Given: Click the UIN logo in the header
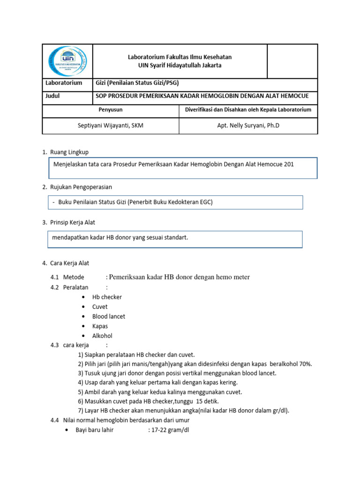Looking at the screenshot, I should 67,61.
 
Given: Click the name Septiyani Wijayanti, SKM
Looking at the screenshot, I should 111,126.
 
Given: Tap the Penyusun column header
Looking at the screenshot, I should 111,110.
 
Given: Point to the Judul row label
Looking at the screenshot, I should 52,96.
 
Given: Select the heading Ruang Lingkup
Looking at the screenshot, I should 69,152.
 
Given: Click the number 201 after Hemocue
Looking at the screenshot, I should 289,165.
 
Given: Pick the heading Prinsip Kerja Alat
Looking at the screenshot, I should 73,222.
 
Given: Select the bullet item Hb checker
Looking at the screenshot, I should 107,297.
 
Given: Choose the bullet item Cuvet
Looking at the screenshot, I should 100,307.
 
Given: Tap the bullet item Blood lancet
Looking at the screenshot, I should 109,316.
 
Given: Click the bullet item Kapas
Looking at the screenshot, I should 100,326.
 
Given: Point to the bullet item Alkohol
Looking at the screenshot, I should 102,336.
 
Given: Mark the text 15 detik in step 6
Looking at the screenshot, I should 208,401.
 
